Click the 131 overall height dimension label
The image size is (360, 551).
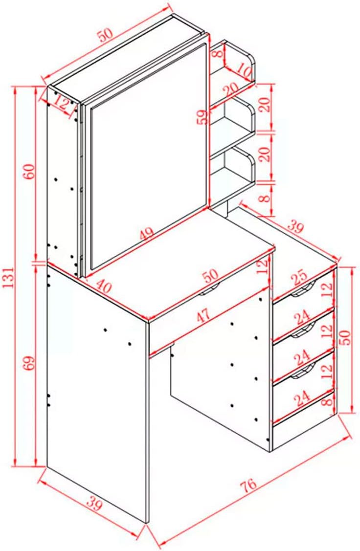[x=8, y=277]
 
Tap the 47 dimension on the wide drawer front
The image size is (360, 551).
[x=203, y=315]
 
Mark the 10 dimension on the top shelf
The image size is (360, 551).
[x=244, y=70]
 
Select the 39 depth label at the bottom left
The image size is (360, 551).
[x=94, y=505]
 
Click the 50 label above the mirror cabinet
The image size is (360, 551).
[x=106, y=35]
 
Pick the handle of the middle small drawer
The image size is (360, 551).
[x=302, y=331]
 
